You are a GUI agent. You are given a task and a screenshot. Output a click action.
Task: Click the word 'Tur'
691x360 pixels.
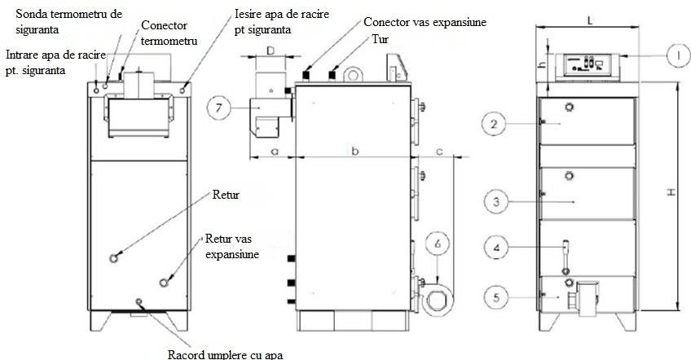click(x=380, y=38)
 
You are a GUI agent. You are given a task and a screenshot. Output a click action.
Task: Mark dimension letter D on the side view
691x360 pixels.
click(x=268, y=51)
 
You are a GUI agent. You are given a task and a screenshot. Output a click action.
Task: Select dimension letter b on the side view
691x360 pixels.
click(x=354, y=151)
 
